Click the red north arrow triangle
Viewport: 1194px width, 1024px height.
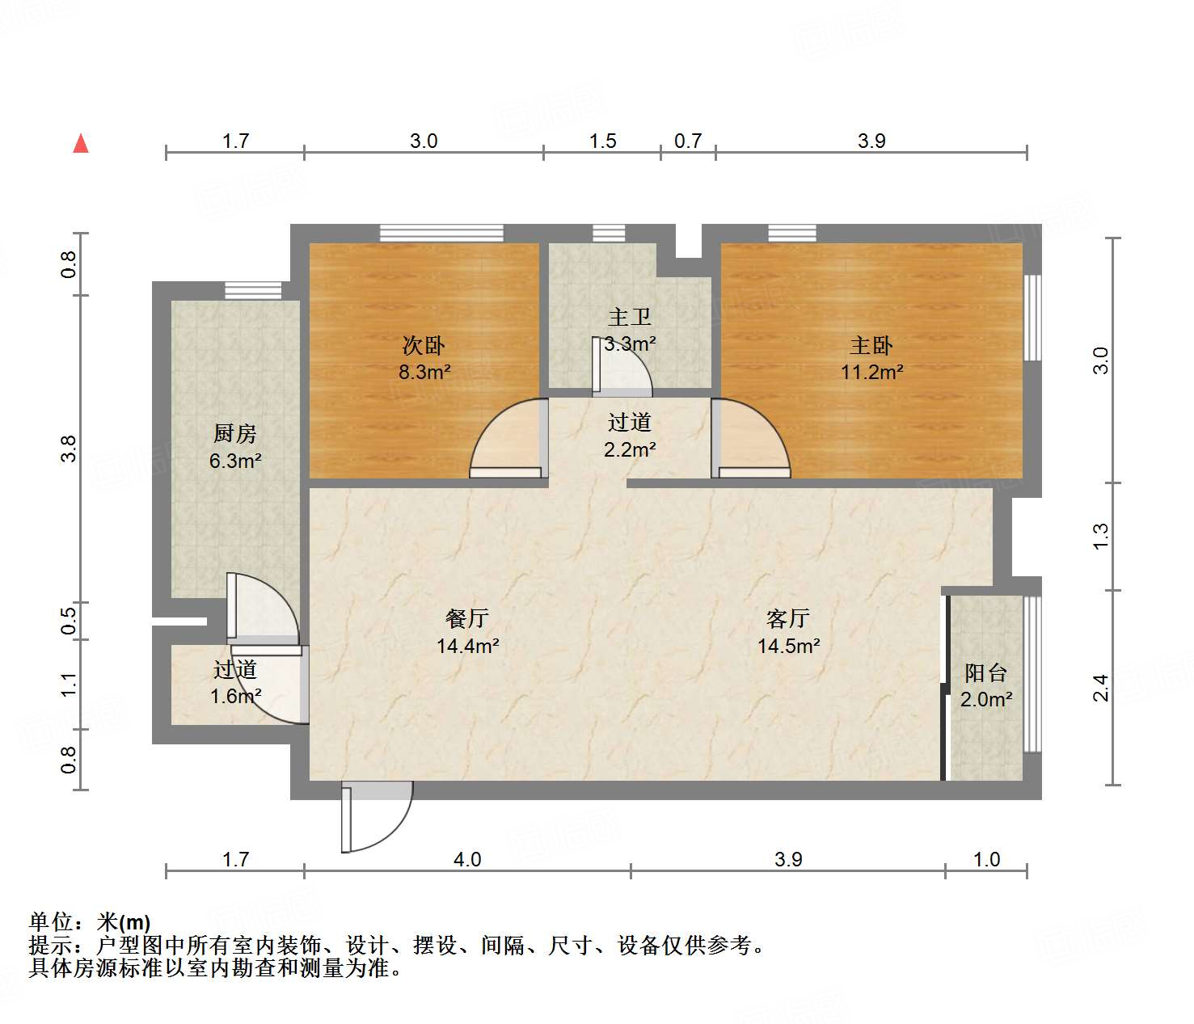81,144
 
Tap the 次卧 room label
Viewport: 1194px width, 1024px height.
424,346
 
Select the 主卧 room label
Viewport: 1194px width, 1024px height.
871,346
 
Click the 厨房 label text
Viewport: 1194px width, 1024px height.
235,434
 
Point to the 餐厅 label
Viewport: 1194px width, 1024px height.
467,618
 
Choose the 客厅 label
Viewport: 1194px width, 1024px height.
788,618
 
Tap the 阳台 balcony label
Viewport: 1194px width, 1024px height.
986,672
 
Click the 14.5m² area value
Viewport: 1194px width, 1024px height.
788,646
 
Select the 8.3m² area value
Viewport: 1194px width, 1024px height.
424,372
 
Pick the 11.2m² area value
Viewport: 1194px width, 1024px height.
871,372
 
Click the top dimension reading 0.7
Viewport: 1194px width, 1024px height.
688,141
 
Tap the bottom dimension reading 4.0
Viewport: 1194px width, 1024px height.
467,859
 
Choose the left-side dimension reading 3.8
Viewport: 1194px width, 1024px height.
69,449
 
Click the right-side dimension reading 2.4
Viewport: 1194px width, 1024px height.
1100,688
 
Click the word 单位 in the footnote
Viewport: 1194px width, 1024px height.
50,921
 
